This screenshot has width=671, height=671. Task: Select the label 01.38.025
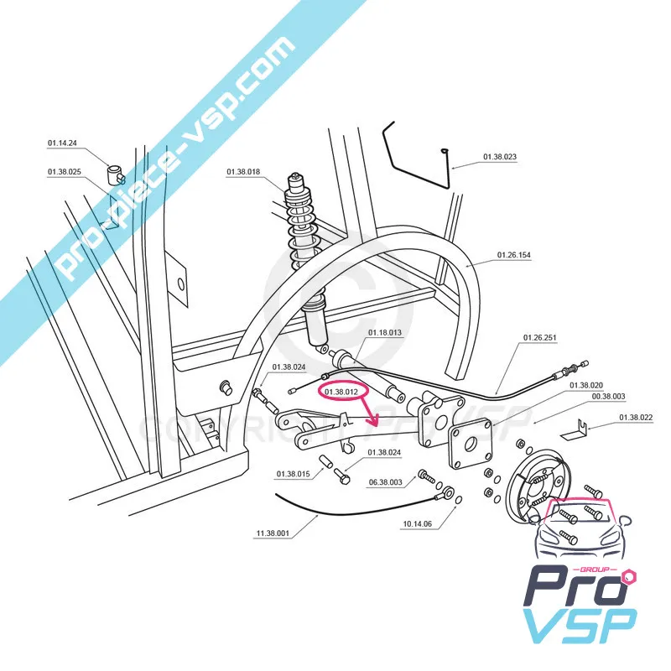[64, 172]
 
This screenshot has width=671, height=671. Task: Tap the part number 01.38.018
[243, 172]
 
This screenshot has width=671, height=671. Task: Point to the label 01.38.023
[500, 157]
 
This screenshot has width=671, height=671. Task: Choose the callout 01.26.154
[514, 254]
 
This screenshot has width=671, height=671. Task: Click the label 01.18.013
[385, 333]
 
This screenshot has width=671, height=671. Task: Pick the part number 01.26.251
[540, 338]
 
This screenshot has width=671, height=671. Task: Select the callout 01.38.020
[586, 385]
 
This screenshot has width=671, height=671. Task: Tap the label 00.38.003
[608, 396]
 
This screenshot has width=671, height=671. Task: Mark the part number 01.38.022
[637, 418]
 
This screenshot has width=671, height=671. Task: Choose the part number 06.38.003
[386, 482]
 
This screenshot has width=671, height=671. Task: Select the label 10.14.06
[417, 524]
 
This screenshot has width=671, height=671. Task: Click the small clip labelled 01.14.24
[115, 172]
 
